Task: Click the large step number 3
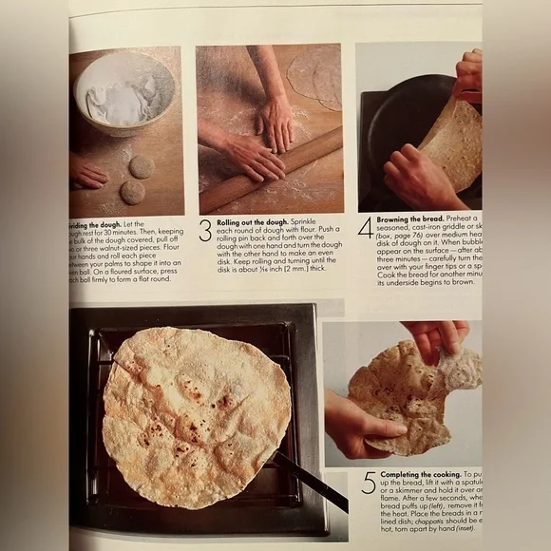click(x=204, y=231)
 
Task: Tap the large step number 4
click(x=365, y=228)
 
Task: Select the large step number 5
click(x=369, y=482)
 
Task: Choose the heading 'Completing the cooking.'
click(x=421, y=473)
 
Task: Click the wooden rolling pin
click(x=271, y=170)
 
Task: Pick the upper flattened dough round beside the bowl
click(x=142, y=167)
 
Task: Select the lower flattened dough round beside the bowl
click(x=132, y=192)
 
